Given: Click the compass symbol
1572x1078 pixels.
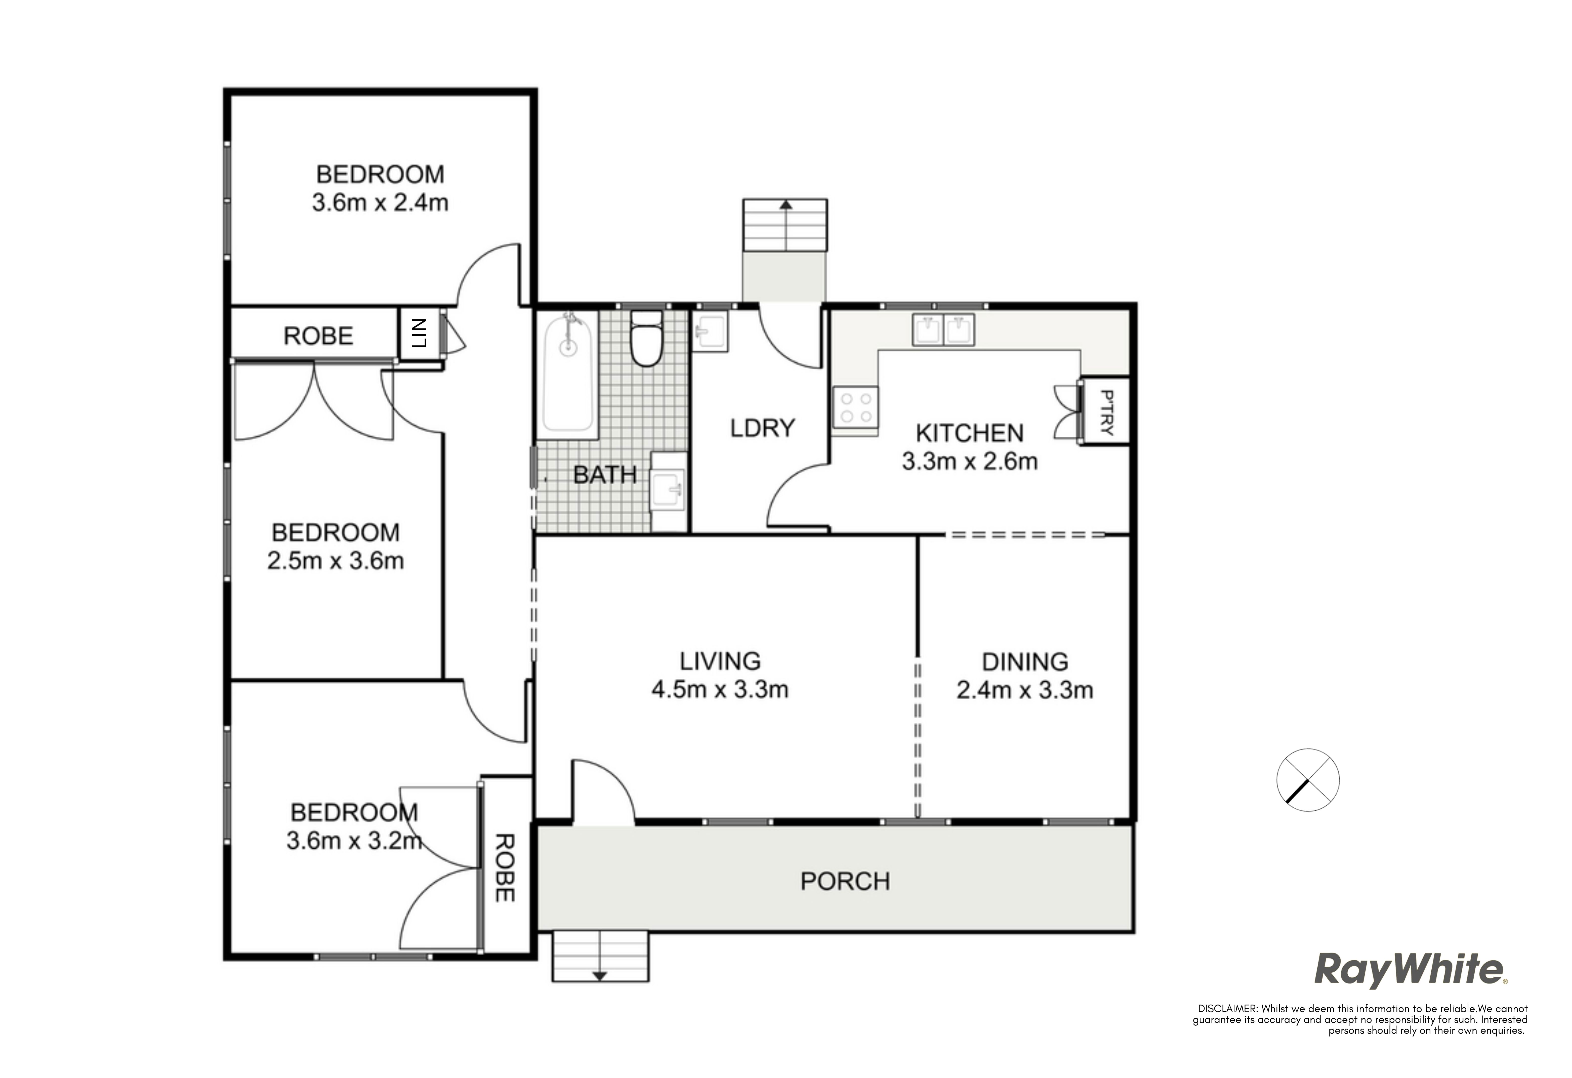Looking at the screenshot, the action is tap(1307, 780).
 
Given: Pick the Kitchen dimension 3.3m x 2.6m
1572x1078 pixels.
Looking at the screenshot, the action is tap(970, 461).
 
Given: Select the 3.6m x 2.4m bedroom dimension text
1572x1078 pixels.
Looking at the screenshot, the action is tap(380, 202).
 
